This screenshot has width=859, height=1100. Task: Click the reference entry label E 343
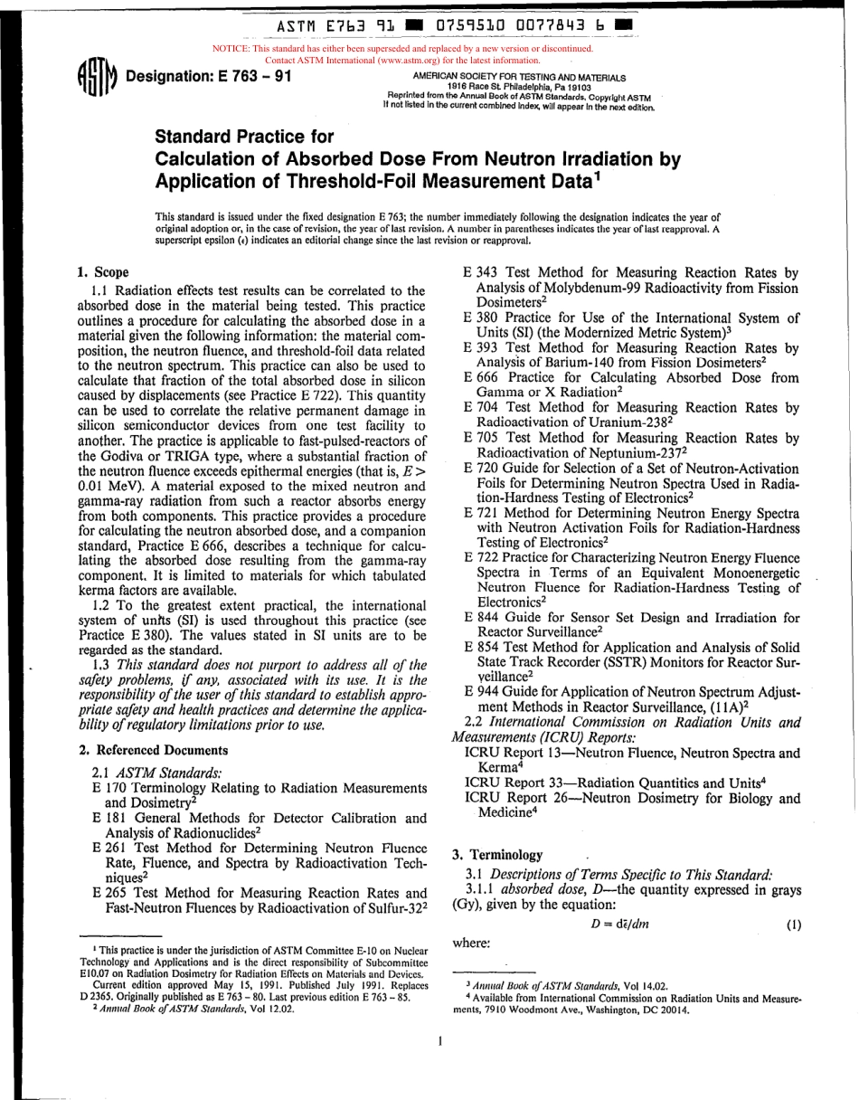click(x=479, y=273)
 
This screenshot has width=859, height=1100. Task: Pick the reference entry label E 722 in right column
click(x=479, y=558)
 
